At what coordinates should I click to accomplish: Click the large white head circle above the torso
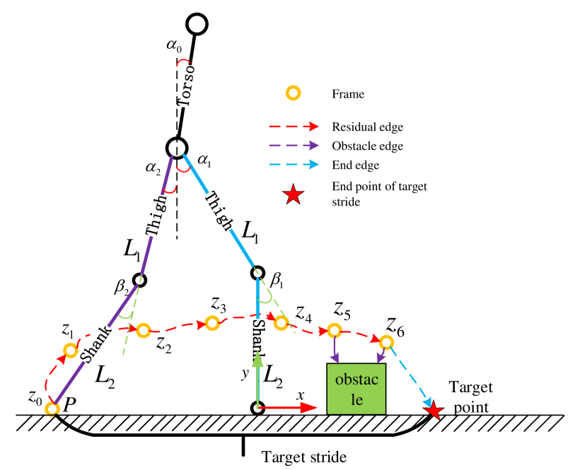tap(197, 24)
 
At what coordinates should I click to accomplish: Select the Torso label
tap(186, 86)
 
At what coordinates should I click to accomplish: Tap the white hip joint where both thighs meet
tap(177, 148)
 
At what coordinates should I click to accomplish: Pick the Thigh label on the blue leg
tap(219, 211)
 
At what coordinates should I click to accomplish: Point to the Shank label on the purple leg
tap(96, 344)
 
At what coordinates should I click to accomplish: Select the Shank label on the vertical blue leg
tap(259, 339)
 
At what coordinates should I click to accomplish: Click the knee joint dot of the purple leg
tap(139, 280)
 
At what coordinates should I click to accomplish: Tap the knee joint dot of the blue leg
tap(257, 273)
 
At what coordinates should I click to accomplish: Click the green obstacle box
tap(356, 389)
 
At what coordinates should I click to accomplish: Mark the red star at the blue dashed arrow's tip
tap(434, 411)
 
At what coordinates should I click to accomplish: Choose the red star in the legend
tap(293, 194)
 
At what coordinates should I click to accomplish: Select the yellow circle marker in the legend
tap(293, 93)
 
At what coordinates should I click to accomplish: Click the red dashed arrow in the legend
tap(293, 127)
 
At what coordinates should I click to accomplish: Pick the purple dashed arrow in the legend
tap(293, 146)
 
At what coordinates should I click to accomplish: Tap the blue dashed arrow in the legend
tap(293, 164)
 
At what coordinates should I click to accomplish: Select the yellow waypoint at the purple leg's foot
tap(52, 409)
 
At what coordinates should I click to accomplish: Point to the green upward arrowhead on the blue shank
tap(257, 359)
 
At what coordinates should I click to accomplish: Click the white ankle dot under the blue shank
tap(257, 408)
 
